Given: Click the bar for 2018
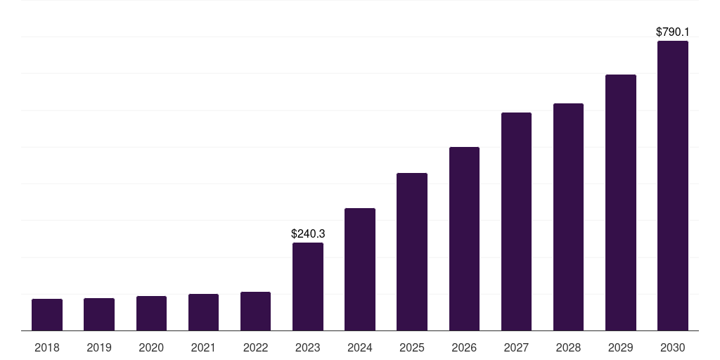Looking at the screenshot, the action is [47, 314].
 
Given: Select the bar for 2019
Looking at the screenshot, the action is [99, 314].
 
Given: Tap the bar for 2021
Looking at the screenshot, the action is [203, 312].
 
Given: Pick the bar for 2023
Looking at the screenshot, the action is [308, 287].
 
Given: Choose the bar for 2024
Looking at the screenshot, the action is [360, 269].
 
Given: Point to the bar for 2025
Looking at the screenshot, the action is [412, 252].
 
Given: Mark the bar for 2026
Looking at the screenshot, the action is [464, 239].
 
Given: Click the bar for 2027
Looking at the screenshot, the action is [516, 221].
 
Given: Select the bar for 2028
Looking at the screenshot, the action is [568, 217].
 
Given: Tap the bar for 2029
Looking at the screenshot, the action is [621, 202].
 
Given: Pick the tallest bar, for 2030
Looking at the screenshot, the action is [673, 186].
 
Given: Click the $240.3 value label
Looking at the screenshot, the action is [308, 233].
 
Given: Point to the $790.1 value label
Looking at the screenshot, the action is [673, 32].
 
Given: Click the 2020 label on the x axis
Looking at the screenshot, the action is [151, 348].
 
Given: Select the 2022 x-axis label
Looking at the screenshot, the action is [255, 348].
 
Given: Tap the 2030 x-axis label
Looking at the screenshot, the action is [673, 348].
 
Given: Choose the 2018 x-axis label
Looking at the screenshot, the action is [47, 348].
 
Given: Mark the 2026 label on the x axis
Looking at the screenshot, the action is [464, 348].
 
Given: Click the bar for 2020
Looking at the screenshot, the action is [152, 313].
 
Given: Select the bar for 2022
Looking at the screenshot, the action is [256, 311].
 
